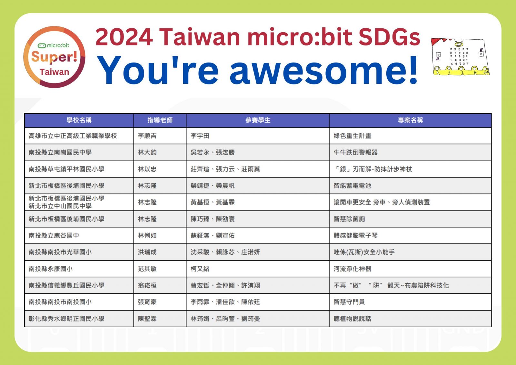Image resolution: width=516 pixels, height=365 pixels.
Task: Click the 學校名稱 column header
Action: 79,120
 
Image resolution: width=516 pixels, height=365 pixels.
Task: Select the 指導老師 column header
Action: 160,120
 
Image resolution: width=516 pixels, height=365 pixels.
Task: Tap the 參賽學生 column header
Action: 258,120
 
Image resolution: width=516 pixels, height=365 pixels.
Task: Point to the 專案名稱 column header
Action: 410,120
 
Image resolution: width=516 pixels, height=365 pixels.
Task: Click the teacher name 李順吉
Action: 147,136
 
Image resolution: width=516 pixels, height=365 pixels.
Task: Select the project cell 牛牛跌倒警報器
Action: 355,153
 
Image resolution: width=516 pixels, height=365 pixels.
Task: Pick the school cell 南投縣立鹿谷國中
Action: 54,236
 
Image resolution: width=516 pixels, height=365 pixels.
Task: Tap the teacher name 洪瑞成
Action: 147,252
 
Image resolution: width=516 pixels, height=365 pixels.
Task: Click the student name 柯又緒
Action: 200,269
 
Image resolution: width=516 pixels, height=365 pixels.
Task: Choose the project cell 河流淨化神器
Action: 352,269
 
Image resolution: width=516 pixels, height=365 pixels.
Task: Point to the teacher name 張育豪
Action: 147,302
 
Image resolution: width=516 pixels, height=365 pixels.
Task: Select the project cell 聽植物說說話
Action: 352,319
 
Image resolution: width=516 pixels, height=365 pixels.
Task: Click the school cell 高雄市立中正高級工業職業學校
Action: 73,136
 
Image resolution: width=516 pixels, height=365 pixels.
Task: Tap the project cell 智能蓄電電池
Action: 352,186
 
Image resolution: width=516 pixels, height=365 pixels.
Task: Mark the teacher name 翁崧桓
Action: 147,285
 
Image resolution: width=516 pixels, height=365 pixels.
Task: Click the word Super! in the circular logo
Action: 55,57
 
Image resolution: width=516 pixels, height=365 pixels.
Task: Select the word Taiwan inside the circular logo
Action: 55,72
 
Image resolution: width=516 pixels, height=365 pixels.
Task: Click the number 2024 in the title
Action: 124,37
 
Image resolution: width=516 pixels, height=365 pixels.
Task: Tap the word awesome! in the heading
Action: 324,70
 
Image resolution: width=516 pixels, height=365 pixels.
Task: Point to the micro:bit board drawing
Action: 461,57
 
